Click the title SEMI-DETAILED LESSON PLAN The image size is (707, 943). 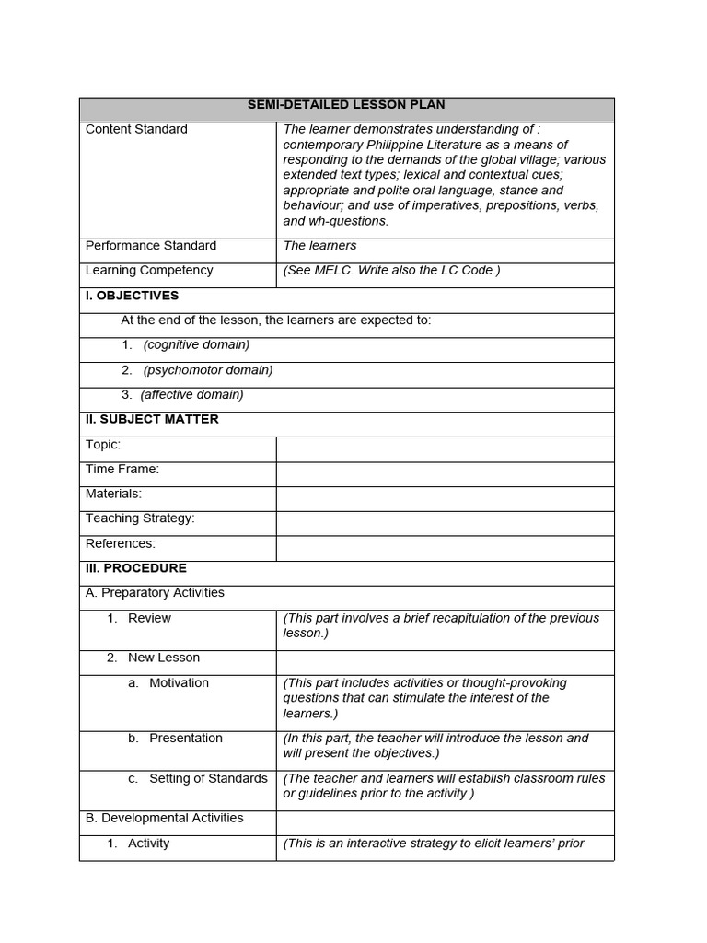click(x=346, y=105)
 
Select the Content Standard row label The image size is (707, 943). click(x=136, y=129)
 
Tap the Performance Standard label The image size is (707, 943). click(x=151, y=246)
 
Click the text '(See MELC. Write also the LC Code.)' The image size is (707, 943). click(x=392, y=271)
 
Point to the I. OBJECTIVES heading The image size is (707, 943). click(x=132, y=296)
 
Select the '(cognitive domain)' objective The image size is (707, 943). click(x=196, y=345)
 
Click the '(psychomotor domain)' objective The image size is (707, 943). click(x=208, y=370)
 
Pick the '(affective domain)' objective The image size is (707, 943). click(x=191, y=395)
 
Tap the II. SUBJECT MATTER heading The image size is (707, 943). click(x=152, y=420)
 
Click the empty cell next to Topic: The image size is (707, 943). click(x=445, y=449)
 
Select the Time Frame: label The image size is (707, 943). click(x=122, y=470)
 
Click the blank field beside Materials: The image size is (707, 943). click(x=445, y=499)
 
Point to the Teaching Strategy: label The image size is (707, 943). click(x=140, y=518)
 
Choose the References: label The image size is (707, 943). click(x=121, y=543)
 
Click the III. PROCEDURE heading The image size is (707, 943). click(x=136, y=568)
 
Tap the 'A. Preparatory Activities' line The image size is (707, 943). click(x=155, y=593)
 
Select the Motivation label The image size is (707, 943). click(x=179, y=683)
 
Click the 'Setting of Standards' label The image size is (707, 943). click(x=208, y=779)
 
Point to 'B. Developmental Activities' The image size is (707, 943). click(x=165, y=818)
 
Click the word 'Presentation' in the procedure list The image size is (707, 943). click(x=186, y=739)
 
